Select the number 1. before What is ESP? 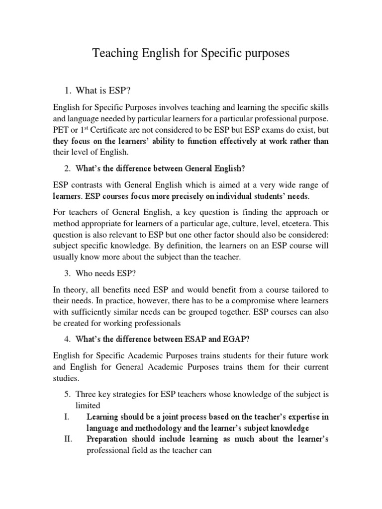68,90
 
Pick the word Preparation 109,439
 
